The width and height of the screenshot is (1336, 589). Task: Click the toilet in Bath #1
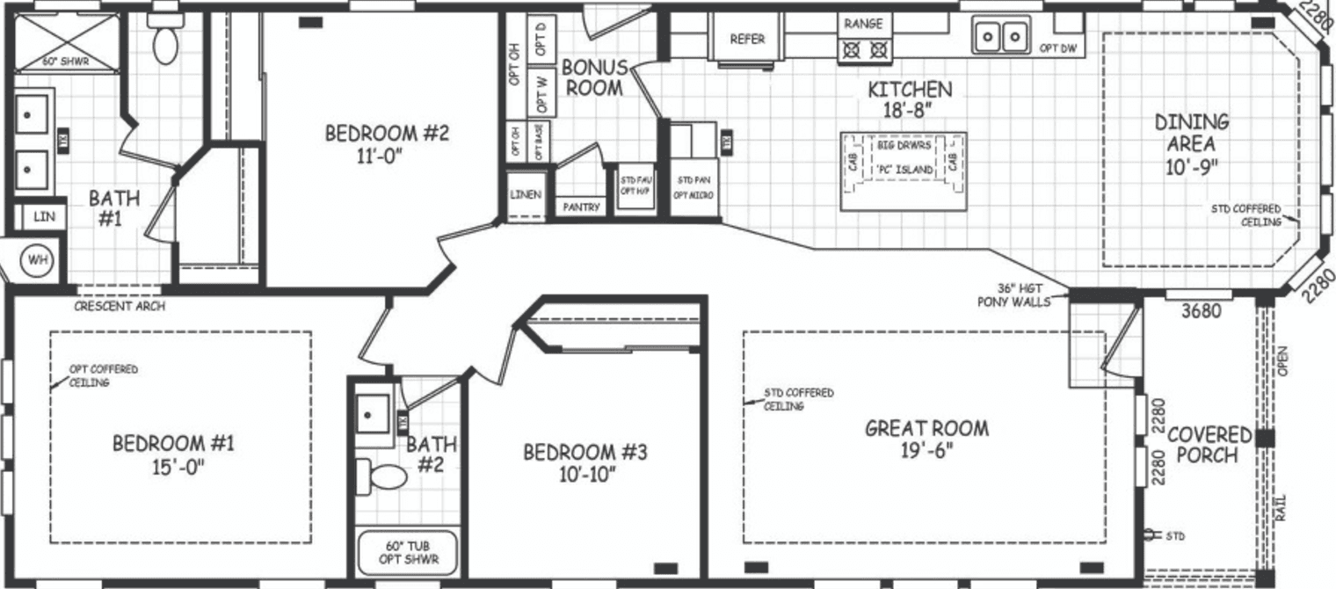coord(164,40)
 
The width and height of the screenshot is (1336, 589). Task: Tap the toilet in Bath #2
coord(387,477)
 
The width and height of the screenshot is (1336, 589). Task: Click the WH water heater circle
coord(37,260)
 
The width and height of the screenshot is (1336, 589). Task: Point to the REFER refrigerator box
coord(747,40)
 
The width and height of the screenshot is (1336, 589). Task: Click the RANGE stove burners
coord(863,50)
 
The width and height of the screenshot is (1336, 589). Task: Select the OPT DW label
coord(1057,48)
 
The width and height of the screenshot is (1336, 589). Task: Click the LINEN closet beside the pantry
coord(526,194)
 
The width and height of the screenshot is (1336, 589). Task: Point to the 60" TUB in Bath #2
coord(408,551)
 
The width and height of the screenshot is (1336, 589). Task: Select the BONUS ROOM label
coord(594,77)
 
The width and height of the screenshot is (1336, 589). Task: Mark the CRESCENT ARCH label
coord(120,306)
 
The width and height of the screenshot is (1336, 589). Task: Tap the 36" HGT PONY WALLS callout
coord(1013,295)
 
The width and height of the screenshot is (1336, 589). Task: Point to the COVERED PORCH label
coord(1209,445)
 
